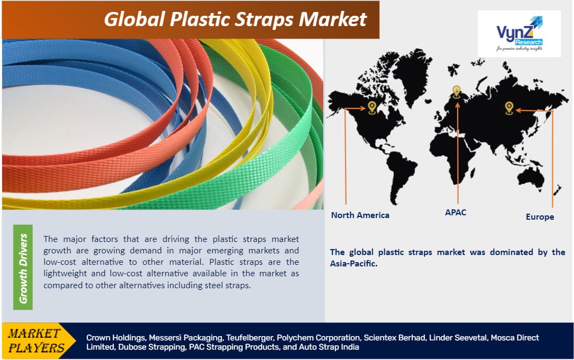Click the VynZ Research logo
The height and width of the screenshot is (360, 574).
[519, 33]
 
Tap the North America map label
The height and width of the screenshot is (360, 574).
[360, 215]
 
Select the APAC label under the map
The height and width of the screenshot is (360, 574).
[455, 212]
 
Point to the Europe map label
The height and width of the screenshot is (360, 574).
[540, 216]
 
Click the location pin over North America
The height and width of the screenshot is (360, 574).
[372, 108]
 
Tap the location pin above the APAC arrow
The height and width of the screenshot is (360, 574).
[456, 91]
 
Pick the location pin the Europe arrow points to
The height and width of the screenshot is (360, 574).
[509, 108]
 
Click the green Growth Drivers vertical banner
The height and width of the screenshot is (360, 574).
[23, 268]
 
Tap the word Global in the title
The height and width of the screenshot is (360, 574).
[134, 19]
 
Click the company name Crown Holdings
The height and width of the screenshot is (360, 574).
[116, 338]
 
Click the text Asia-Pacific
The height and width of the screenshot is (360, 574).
[353, 263]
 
